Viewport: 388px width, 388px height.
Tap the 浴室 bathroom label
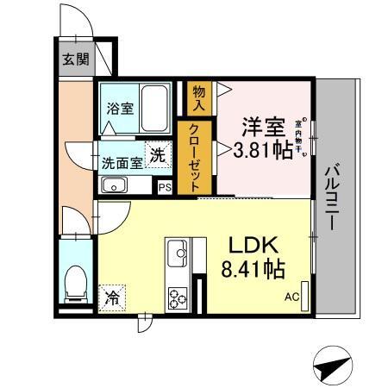[x=119, y=110]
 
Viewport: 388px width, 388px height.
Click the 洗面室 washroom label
[x=122, y=162]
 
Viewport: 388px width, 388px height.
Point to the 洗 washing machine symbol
[x=158, y=154]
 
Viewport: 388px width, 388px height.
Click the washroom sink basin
[x=114, y=185]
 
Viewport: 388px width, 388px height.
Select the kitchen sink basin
[x=179, y=253]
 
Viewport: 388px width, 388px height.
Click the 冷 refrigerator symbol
[x=113, y=298]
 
